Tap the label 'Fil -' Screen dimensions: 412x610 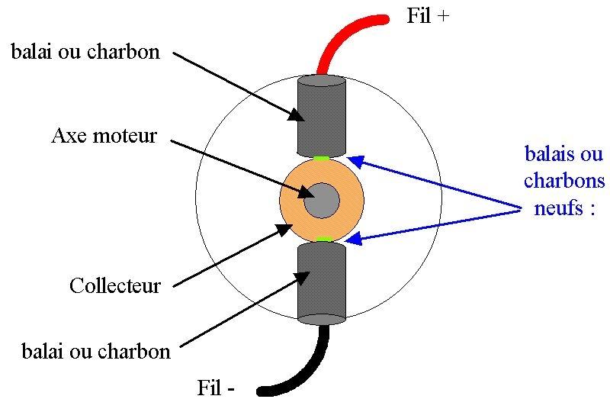coord(216,388)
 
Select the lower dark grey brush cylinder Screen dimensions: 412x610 coord(321,282)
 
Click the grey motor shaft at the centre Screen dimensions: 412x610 coord(321,200)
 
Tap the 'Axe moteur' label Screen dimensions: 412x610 coord(104,137)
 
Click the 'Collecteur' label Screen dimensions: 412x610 coord(115,286)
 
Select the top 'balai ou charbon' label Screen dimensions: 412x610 coord(85,52)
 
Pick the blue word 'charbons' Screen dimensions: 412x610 coord(564,182)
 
